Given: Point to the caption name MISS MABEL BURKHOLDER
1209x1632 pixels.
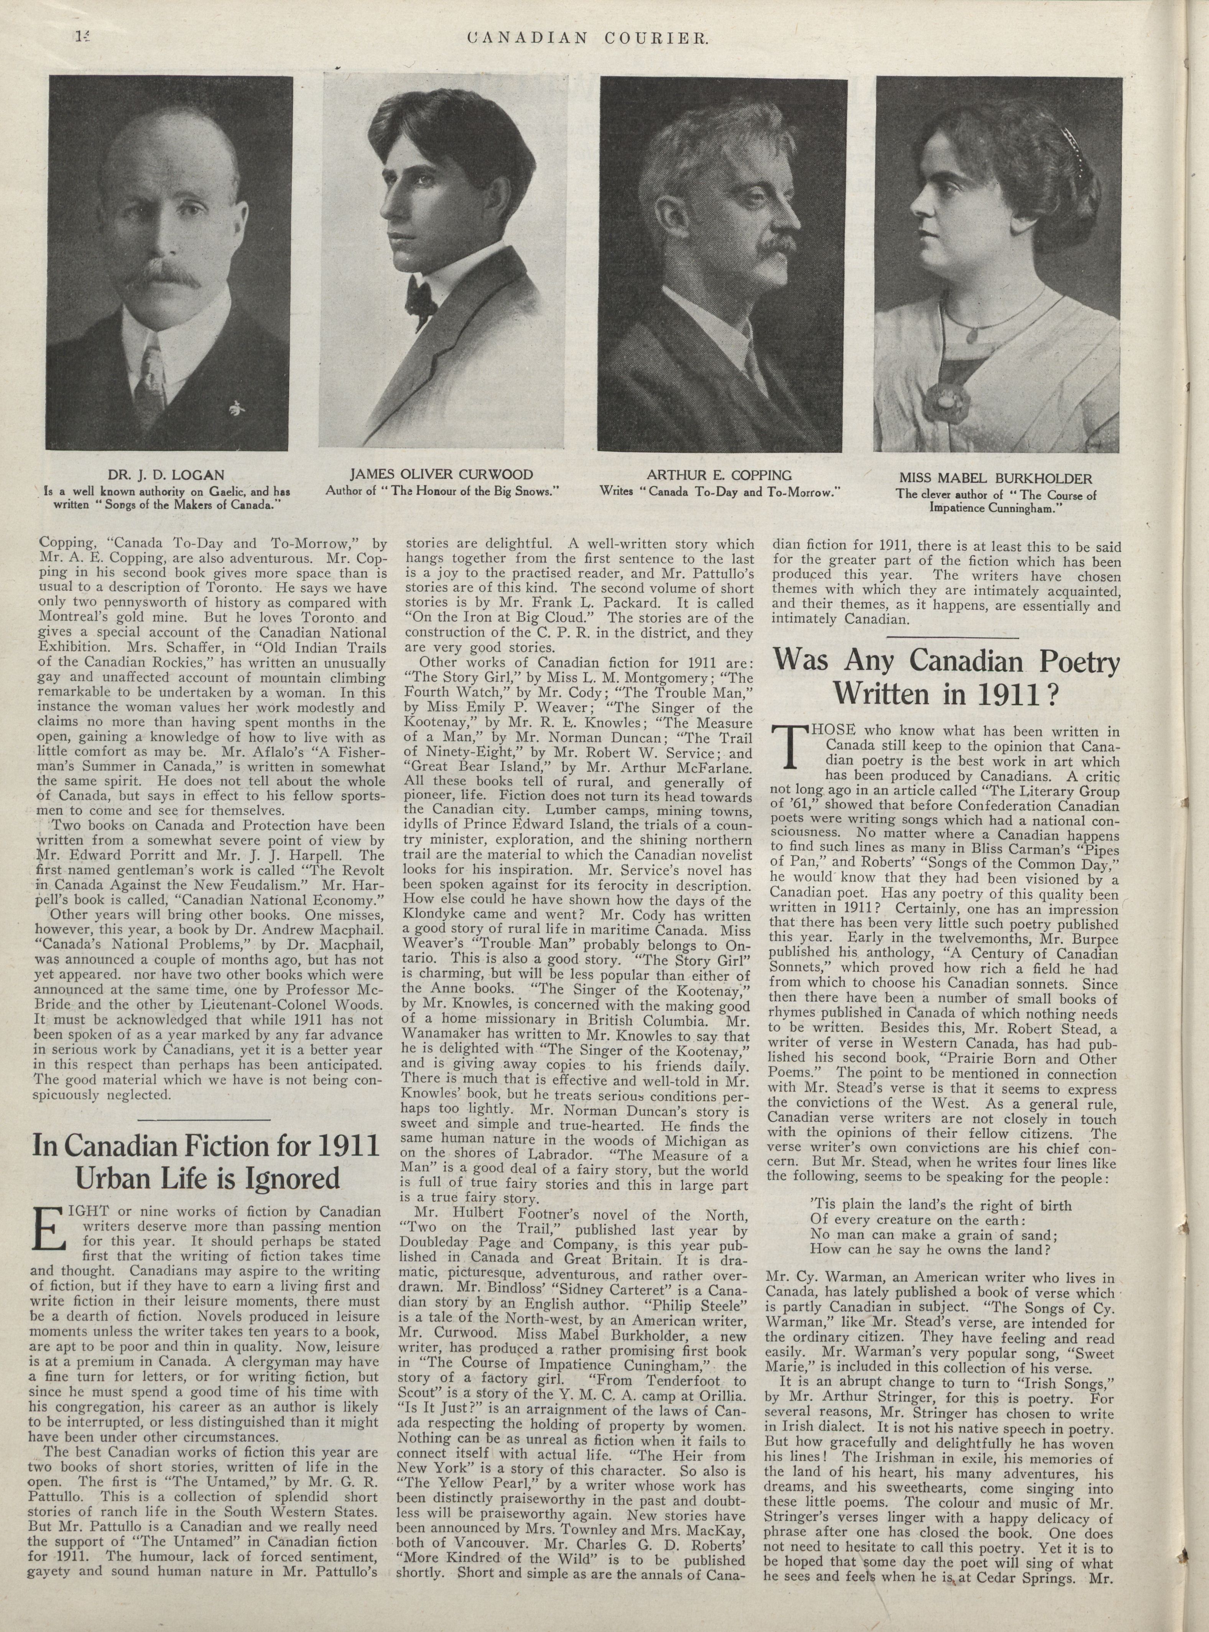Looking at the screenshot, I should pyautogui.click(x=995, y=479).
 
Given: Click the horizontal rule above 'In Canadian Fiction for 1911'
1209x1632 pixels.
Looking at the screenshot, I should pyautogui.click(x=204, y=1120).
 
